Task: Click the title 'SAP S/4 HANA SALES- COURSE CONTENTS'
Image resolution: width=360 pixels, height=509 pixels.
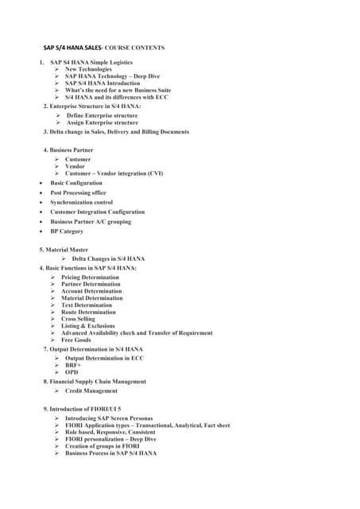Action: tap(103, 48)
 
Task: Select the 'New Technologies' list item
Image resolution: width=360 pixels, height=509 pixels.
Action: tap(88, 69)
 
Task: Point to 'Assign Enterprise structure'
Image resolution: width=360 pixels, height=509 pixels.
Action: tap(102, 123)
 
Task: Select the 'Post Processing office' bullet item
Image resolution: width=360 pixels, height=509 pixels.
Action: tap(78, 192)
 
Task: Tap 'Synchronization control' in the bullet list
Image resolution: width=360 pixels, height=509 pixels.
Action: tap(81, 202)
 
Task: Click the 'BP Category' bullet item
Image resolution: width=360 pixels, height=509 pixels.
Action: tap(67, 231)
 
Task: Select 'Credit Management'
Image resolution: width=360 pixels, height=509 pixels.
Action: tap(91, 390)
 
